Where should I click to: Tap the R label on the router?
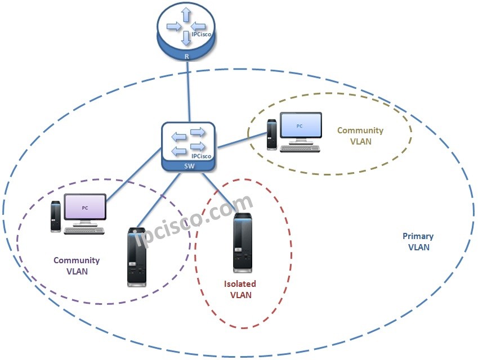pyautogui.click(x=188, y=57)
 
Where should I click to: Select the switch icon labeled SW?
pyautogui.click(x=189, y=143)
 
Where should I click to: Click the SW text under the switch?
pyautogui.click(x=189, y=166)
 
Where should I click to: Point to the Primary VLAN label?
pyautogui.click(x=418, y=241)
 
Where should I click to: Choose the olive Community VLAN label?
pyautogui.click(x=360, y=136)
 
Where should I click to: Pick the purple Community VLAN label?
pyautogui.click(x=77, y=265)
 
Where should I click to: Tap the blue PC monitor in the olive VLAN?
pyautogui.click(x=301, y=127)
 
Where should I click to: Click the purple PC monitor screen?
pyautogui.click(x=85, y=208)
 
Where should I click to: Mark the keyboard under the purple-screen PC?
pyautogui.click(x=86, y=229)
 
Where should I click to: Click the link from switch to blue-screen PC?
pyautogui.click(x=242, y=141)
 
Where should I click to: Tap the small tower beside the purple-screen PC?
pyautogui.click(x=55, y=216)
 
